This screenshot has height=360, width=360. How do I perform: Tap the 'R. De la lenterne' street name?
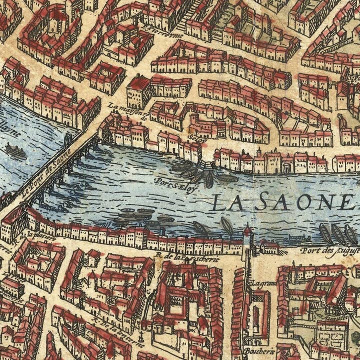(117, 327)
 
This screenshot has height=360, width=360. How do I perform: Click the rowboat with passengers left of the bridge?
(15, 150)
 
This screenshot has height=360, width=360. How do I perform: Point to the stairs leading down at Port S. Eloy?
(200, 165)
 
